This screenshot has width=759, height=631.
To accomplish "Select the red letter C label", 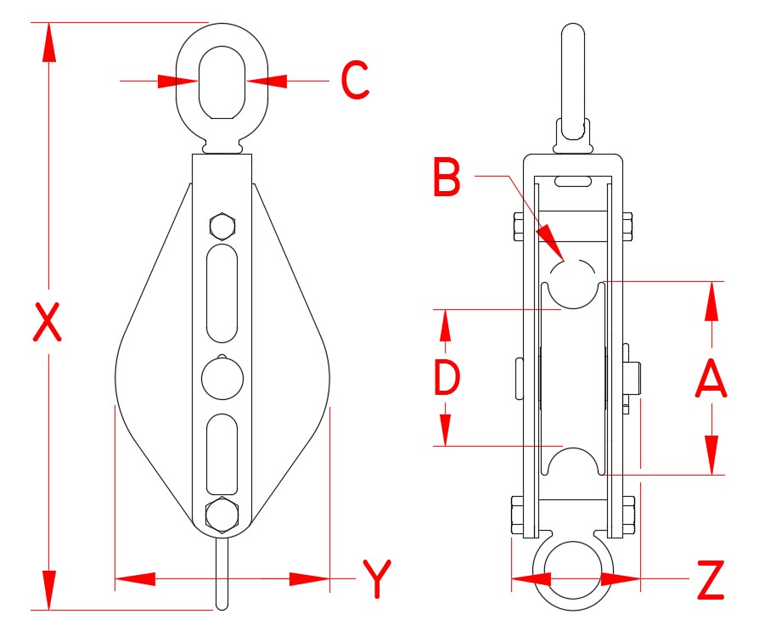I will pos(355,81).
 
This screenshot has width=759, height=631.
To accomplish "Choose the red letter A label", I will pos(711,378).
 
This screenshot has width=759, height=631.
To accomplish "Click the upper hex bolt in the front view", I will pos(222,227).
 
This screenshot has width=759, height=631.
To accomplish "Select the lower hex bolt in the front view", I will pos(222,515).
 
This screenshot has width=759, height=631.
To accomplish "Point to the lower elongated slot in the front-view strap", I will pos(222,453).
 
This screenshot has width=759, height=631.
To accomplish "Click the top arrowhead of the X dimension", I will pos(48,42).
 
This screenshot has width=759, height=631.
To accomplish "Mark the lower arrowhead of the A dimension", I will pos(711,454).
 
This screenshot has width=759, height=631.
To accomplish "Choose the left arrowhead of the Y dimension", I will pos(136,579).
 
